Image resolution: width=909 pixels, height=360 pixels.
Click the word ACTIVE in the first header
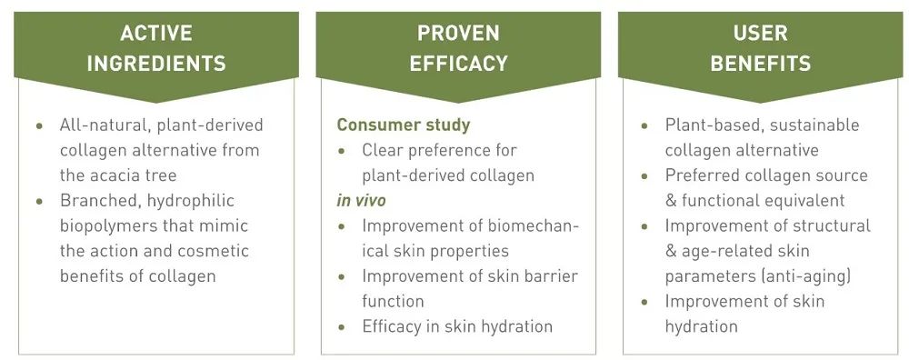(156, 33)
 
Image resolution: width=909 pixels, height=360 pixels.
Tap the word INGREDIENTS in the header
(156, 64)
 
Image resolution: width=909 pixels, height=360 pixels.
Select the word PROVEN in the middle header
(458, 33)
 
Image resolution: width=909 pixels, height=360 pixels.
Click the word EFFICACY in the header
(458, 64)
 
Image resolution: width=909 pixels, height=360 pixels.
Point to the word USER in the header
(760, 33)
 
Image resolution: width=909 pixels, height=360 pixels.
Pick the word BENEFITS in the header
(760, 64)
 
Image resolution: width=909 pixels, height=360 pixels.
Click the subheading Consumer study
(404, 125)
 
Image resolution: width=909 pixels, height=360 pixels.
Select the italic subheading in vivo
(361, 201)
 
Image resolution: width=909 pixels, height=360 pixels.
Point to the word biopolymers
(105, 226)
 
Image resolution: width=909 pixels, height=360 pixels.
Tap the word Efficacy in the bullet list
(389, 327)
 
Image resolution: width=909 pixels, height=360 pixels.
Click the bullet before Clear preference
(342, 151)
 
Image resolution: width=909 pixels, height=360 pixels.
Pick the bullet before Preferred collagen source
(644, 175)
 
